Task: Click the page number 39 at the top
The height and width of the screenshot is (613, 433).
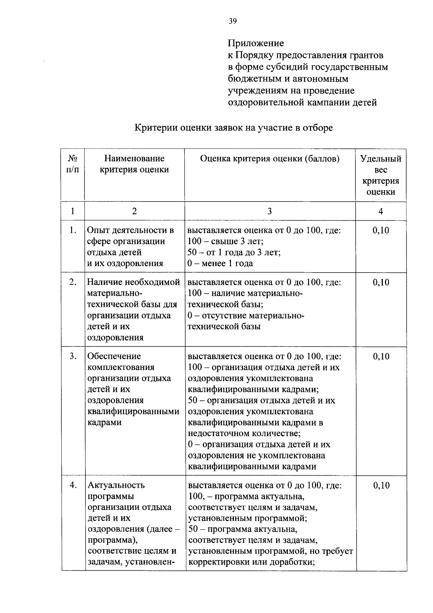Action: click(232, 21)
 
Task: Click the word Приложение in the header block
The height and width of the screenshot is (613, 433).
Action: click(255, 43)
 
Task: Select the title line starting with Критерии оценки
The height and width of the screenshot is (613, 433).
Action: click(233, 128)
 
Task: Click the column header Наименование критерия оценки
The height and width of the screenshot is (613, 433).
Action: click(134, 164)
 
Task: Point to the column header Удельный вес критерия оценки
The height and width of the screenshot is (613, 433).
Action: click(381, 175)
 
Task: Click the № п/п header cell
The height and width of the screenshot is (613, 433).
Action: click(73, 164)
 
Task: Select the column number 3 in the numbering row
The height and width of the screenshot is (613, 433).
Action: click(270, 211)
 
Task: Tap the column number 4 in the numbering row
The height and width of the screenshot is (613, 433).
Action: click(380, 211)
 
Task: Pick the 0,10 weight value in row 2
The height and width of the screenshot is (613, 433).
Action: click(381, 282)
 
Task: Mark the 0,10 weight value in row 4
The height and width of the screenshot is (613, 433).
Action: click(381, 486)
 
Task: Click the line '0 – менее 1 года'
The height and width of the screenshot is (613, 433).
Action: click(220, 264)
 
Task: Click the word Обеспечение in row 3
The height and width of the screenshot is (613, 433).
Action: click(114, 356)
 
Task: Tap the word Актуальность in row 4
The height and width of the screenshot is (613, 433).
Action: click(116, 485)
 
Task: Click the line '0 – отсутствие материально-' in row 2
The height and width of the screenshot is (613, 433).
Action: click(246, 316)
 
